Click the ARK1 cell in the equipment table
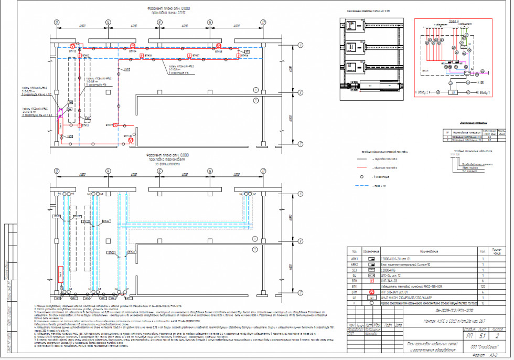[355, 259]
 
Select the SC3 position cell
[355, 270]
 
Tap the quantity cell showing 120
[482, 287]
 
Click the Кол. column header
[482, 252]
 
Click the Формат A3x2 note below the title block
[478, 355]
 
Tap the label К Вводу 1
[485, 92]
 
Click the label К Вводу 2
[423, 92]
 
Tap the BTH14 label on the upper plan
[132, 52]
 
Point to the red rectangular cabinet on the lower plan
[61, 126]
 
